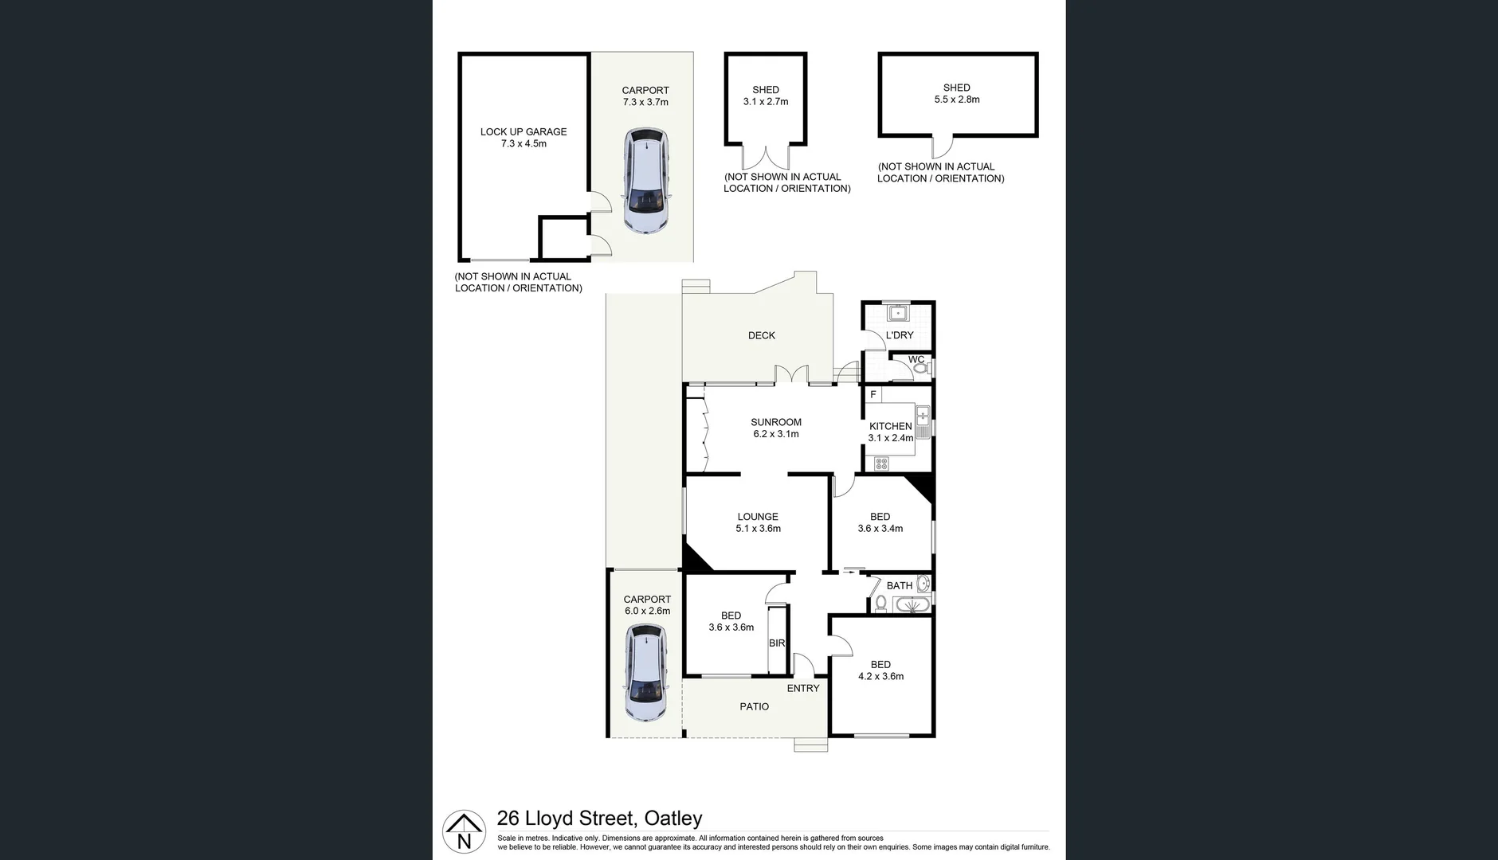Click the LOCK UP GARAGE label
point(524,131)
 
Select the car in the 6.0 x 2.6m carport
point(646,673)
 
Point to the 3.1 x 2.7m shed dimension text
point(766,102)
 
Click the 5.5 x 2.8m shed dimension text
point(957,100)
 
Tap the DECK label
point(761,335)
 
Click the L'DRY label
point(900,335)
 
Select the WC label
point(916,360)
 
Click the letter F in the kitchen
point(873,394)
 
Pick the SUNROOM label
point(776,422)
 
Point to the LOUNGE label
point(758,517)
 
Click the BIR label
point(777,643)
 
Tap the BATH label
point(900,585)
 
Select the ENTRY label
point(803,688)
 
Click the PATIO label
point(754,706)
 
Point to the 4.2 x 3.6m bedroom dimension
point(880,676)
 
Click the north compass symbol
point(464,832)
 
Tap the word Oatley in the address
point(673,819)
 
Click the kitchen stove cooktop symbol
point(881,463)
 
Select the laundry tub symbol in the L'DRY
point(899,311)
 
